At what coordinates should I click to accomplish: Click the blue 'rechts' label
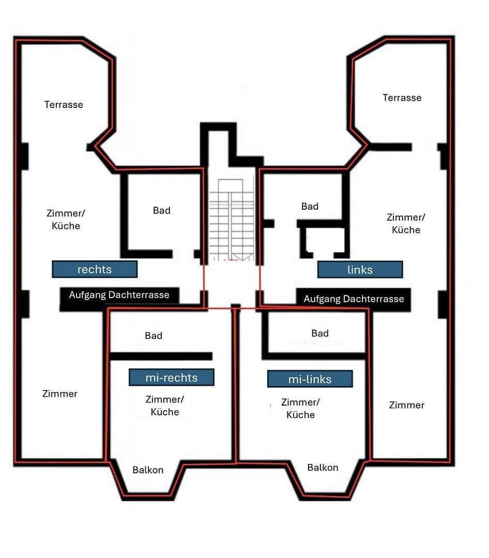pyautogui.click(x=95, y=269)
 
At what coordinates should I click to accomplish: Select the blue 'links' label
pyautogui.click(x=360, y=270)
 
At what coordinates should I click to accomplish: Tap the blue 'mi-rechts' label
pyautogui.click(x=171, y=378)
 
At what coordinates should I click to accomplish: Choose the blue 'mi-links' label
pyautogui.click(x=310, y=379)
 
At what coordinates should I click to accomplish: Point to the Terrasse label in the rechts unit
pyautogui.click(x=64, y=104)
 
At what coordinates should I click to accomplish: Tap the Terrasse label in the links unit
pyautogui.click(x=402, y=98)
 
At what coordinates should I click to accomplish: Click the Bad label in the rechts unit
pyautogui.click(x=161, y=210)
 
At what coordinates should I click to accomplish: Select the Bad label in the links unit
pyautogui.click(x=310, y=206)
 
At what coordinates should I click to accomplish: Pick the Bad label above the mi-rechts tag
pyautogui.click(x=154, y=336)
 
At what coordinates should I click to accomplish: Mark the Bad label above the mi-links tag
pyautogui.click(x=320, y=333)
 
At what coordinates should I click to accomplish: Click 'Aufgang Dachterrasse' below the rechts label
pyautogui.click(x=119, y=295)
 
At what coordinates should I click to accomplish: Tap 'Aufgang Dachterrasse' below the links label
pyautogui.click(x=354, y=299)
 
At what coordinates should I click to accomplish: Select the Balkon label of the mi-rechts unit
pyautogui.click(x=148, y=470)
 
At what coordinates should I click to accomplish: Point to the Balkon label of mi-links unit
pyautogui.click(x=323, y=467)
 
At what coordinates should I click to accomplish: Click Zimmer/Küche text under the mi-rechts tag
pyautogui.click(x=164, y=406)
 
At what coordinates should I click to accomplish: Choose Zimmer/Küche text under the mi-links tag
pyautogui.click(x=300, y=408)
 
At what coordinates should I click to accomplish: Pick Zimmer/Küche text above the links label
pyautogui.click(x=406, y=223)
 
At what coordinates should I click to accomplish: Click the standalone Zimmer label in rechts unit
pyautogui.click(x=60, y=394)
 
